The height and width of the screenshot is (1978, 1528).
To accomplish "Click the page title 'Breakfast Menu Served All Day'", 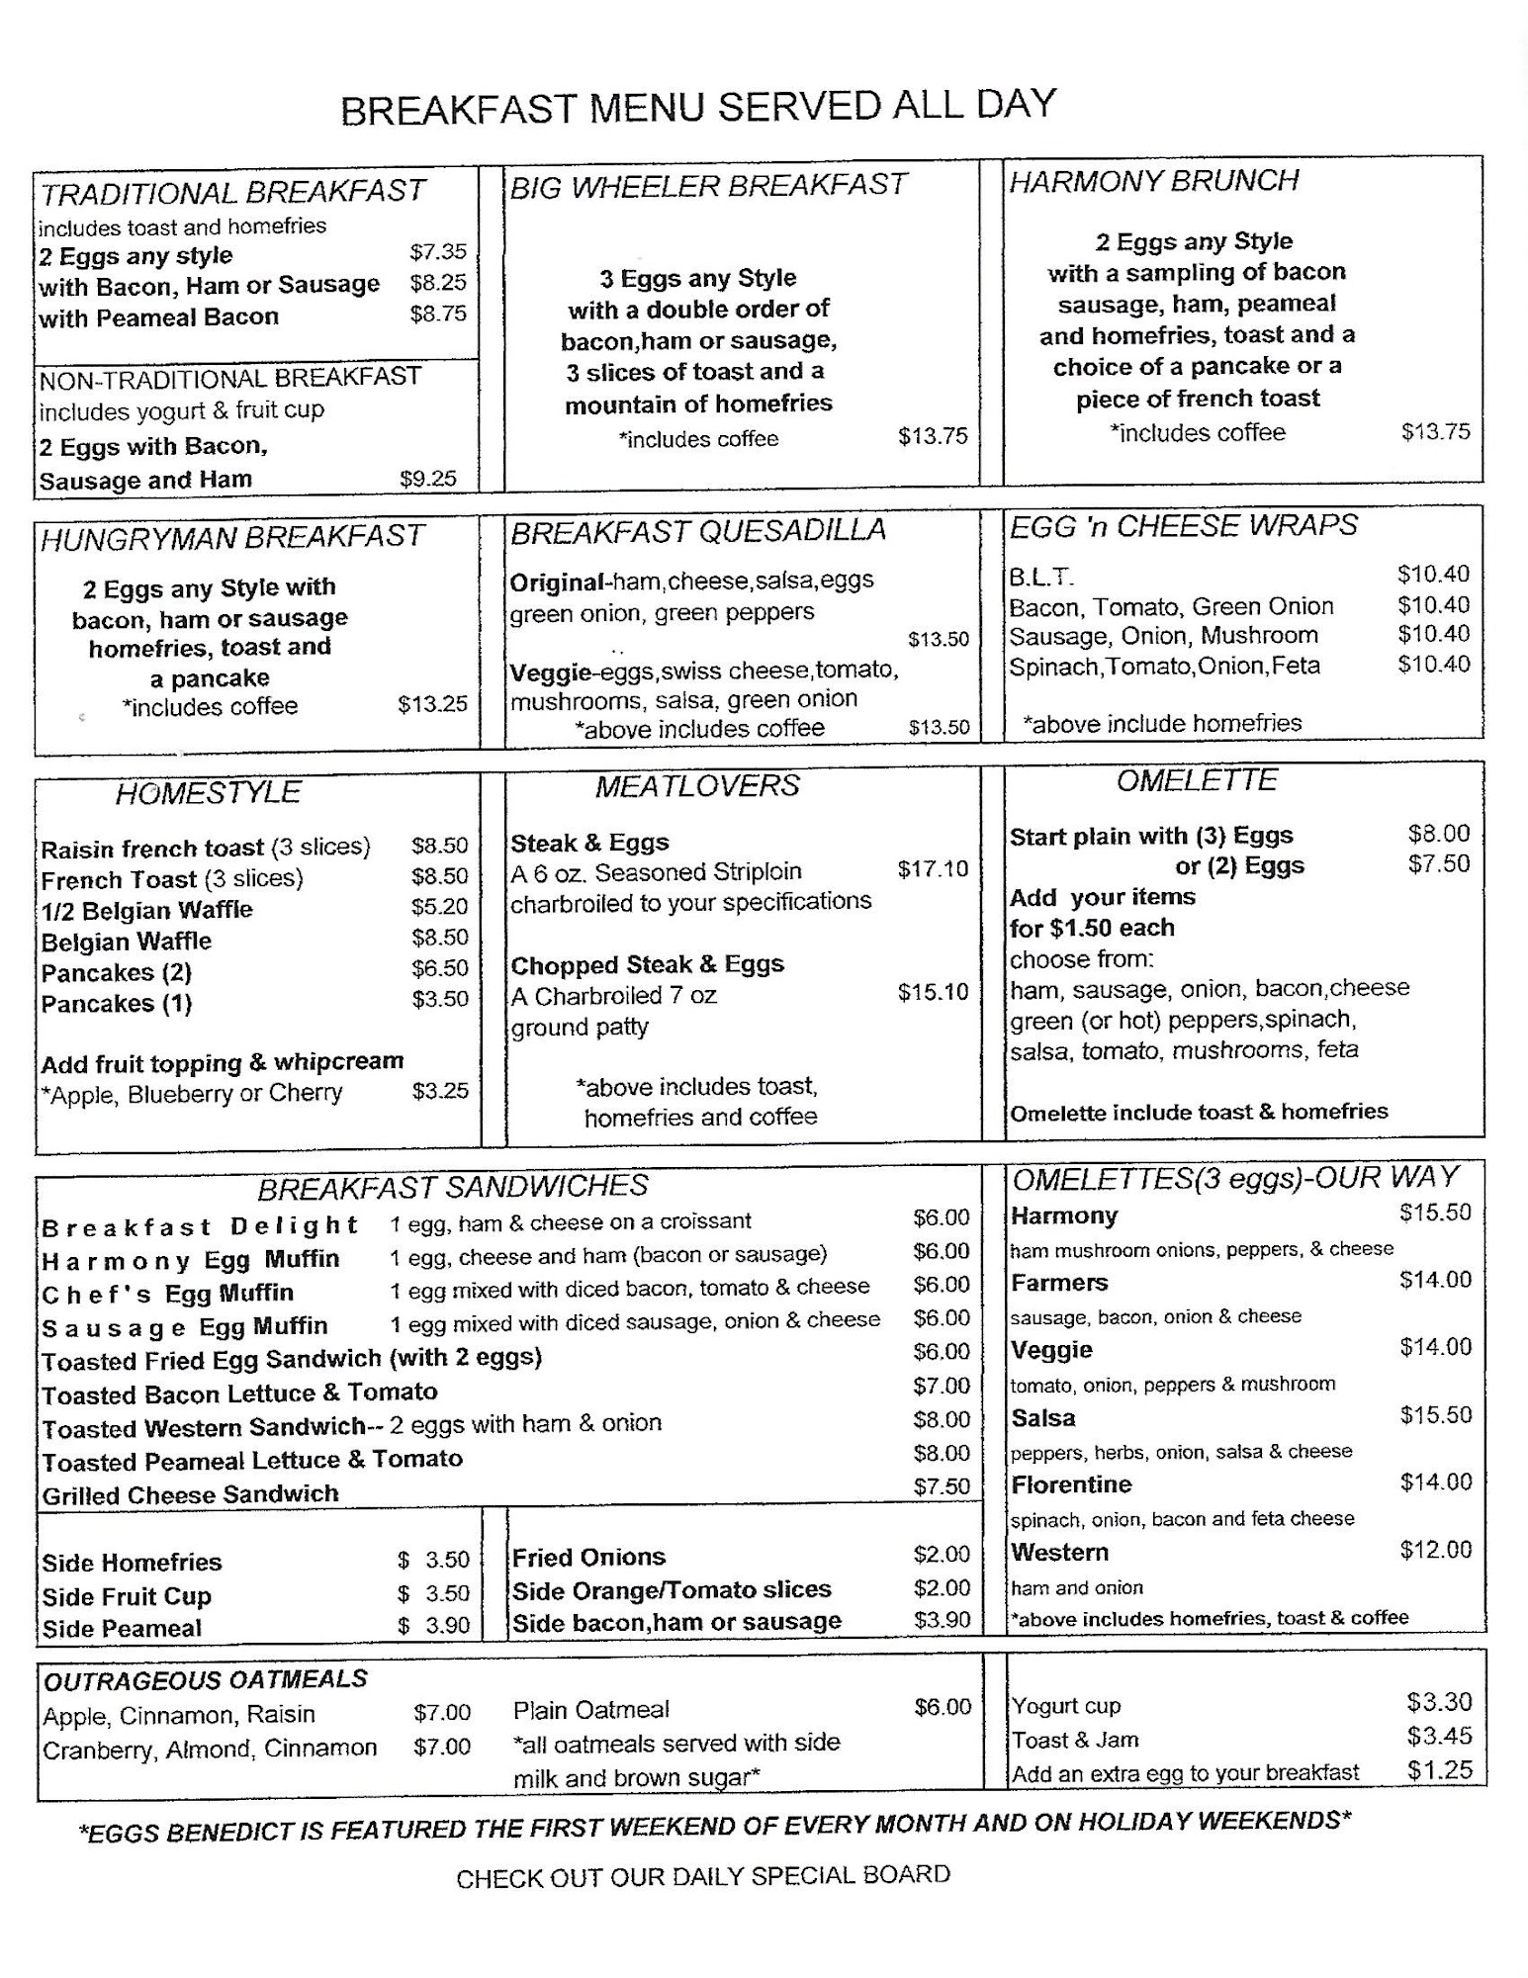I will pos(698,107).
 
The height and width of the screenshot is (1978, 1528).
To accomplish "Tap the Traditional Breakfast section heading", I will pos(232,191).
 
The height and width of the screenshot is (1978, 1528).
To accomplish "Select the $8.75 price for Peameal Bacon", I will pos(438,314).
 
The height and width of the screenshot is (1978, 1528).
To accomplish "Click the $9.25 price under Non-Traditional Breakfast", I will pos(428,479).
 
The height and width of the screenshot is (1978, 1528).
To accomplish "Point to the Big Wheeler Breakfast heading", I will pos(707,185).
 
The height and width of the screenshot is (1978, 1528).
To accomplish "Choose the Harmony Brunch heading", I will pos(1153,180).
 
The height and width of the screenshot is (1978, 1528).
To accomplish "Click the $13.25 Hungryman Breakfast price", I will pos(432,704).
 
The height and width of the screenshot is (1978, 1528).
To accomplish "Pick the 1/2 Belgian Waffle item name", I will pos(146,910).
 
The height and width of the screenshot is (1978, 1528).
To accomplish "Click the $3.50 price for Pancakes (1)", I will pos(440,999).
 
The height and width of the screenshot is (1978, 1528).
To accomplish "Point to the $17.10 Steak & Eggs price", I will pos(933,869).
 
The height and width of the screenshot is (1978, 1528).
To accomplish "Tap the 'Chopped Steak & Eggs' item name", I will pos(647,964).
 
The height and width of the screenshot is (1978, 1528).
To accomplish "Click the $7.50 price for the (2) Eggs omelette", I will pos(1439,863).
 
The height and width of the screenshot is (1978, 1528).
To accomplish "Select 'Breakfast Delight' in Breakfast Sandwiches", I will pos(199,1226).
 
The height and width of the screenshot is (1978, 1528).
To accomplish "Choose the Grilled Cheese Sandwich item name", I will pos(190,1493).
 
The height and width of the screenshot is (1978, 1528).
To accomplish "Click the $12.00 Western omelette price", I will pos(1435,1550).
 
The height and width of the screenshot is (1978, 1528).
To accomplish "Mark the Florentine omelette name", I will pos(1071,1484).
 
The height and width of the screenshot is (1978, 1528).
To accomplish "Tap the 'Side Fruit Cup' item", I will pos(127,1596).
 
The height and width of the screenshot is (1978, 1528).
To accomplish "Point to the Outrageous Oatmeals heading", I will pos(205,1679).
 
